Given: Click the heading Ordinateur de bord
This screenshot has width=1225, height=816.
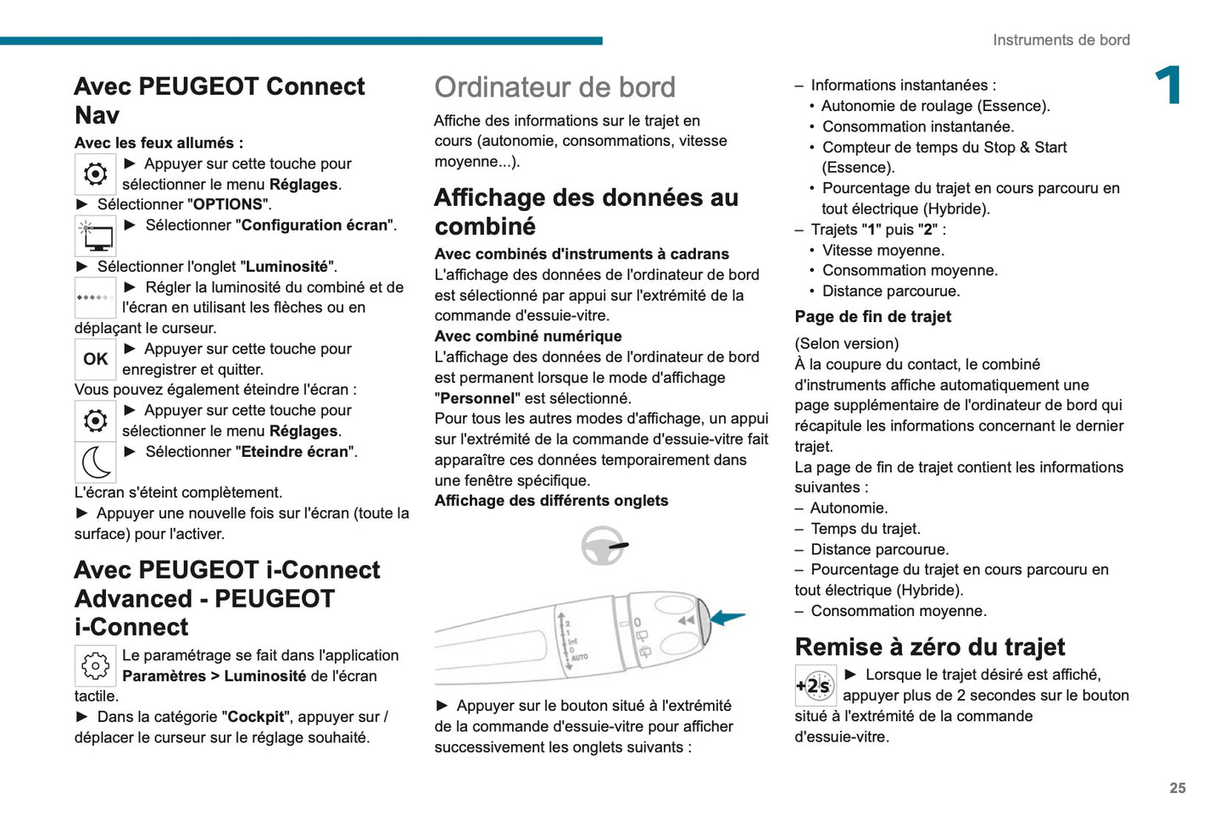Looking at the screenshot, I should click(554, 87).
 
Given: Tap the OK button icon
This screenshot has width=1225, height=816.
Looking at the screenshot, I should click(95, 359).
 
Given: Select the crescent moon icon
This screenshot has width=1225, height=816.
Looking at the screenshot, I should click(96, 463).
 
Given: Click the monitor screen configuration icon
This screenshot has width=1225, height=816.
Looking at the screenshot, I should click(96, 236).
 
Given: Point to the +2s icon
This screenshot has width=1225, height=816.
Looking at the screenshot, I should click(815, 686).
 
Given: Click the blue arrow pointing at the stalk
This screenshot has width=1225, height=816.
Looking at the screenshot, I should click(727, 617).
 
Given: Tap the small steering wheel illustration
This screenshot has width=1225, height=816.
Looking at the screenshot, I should click(604, 546).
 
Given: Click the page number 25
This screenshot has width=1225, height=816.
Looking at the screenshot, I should click(1178, 788).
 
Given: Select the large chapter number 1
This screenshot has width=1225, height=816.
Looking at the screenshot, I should click(1169, 86).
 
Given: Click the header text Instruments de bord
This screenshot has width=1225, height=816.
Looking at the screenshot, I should click(1061, 40).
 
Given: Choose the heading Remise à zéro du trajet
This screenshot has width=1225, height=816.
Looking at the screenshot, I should click(929, 647).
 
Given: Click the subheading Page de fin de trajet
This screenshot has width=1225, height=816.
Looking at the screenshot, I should click(872, 317).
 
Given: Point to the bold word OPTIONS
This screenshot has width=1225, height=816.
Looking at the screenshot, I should click(228, 204).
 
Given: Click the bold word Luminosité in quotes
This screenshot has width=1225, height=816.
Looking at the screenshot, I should click(287, 267).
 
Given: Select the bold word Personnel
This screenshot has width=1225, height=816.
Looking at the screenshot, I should click(477, 398).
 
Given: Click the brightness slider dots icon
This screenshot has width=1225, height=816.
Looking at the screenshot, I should click(95, 297).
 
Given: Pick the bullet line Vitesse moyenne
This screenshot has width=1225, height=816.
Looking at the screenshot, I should click(883, 250).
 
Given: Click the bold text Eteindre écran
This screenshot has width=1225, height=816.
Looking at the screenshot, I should click(295, 452).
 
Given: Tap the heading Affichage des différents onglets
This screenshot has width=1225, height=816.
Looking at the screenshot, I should click(551, 501).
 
